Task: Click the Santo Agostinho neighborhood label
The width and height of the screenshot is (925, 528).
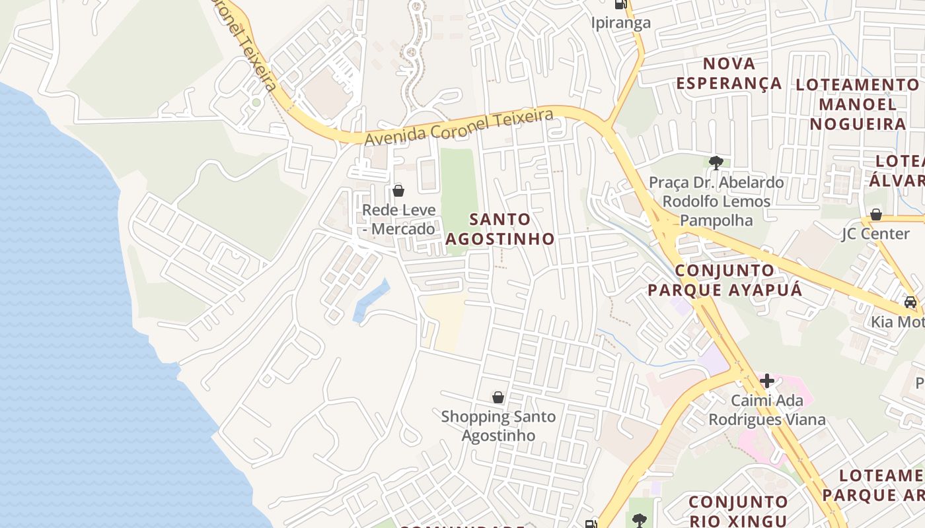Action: [x=499, y=229]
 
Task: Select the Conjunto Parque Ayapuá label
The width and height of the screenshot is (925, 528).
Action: [x=724, y=280]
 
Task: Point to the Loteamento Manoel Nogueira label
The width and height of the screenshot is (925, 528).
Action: [x=858, y=104]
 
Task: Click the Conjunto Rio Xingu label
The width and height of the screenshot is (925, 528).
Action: [x=738, y=511]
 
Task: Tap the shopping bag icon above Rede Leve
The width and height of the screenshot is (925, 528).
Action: [x=398, y=191]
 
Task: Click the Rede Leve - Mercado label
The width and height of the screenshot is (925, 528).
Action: [x=399, y=220]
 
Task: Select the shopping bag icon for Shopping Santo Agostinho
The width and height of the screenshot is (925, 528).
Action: [x=498, y=397]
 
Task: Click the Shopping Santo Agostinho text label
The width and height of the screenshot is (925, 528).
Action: [x=498, y=426]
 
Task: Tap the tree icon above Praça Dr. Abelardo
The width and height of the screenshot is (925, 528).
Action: [x=716, y=162]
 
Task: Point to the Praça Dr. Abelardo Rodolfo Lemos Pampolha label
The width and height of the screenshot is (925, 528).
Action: [x=716, y=201]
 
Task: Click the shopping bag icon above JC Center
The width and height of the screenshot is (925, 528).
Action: [x=876, y=214]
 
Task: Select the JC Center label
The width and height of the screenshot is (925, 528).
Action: [x=875, y=234]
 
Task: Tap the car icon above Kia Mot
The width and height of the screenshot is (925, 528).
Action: [x=910, y=302]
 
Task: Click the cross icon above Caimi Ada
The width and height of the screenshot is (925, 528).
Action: [x=767, y=381]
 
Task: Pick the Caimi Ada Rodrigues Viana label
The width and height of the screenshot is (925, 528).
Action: [x=767, y=410]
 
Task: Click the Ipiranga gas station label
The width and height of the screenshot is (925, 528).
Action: [x=620, y=22]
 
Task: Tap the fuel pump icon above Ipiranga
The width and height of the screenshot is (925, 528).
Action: [x=620, y=4]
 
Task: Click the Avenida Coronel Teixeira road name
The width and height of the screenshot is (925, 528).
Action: [x=459, y=127]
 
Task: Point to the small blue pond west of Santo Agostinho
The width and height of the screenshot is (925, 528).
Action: [x=371, y=300]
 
